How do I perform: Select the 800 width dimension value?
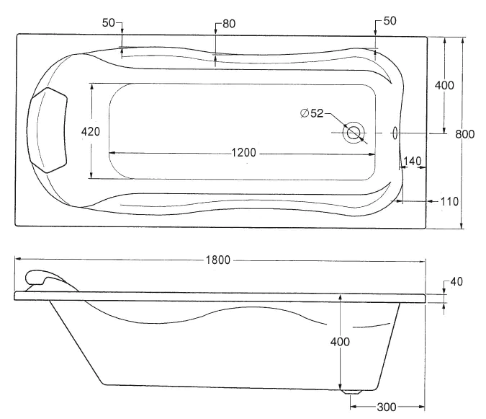pos(465,133)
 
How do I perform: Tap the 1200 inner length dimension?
pos(244,152)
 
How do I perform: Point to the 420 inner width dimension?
pos(91,132)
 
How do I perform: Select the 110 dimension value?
pos(449,201)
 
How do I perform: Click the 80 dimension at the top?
pos(228,24)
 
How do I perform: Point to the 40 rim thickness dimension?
pos(456,281)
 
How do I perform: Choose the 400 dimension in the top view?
pos(445,85)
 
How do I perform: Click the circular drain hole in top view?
pos(354,133)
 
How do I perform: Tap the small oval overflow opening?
pos(394,133)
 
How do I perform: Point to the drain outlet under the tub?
pos(351,392)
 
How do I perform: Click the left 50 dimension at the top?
pos(109,22)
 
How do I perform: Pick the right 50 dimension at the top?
pos(390,21)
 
